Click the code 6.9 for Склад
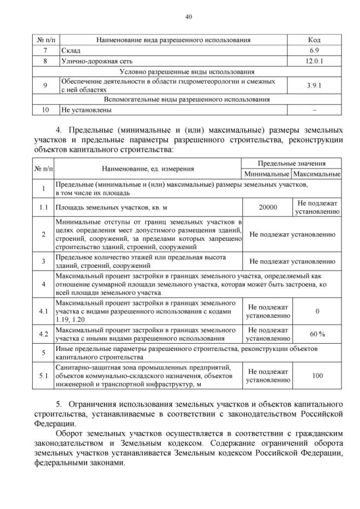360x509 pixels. pyautogui.click(x=314, y=51)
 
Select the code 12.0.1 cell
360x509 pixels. pyautogui.click(x=314, y=61)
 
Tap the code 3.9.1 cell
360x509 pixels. pyautogui.click(x=314, y=85)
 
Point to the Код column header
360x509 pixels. pyautogui.click(x=314, y=40)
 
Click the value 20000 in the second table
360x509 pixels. pyautogui.click(x=268, y=207)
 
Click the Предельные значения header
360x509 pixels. pyautogui.click(x=292, y=163)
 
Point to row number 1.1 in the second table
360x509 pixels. pyautogui.click(x=43, y=207)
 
